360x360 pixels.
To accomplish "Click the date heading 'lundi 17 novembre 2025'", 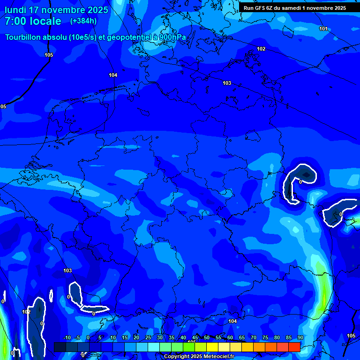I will point(56,10).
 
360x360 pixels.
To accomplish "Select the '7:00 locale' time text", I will point(33,22).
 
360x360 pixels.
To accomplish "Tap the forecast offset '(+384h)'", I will point(83,21).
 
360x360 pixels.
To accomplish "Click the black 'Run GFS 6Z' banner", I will point(295,7).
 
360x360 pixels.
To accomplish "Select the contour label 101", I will point(323,29).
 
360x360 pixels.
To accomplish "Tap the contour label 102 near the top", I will point(261,49).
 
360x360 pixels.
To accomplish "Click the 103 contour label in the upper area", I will point(227,83).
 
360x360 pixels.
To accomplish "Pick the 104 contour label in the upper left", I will point(113,75).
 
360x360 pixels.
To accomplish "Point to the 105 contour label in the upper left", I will point(49,55).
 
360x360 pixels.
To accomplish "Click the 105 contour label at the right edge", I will point(351,336).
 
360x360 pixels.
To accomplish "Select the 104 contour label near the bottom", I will point(232,321).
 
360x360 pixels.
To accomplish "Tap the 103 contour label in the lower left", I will point(67,270).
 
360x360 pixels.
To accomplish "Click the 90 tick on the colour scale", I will point(300,337).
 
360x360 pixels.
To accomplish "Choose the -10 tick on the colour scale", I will point(67,337).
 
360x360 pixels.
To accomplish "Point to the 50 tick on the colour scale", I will point(206,337).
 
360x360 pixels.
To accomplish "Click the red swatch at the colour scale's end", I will point(294,347).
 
